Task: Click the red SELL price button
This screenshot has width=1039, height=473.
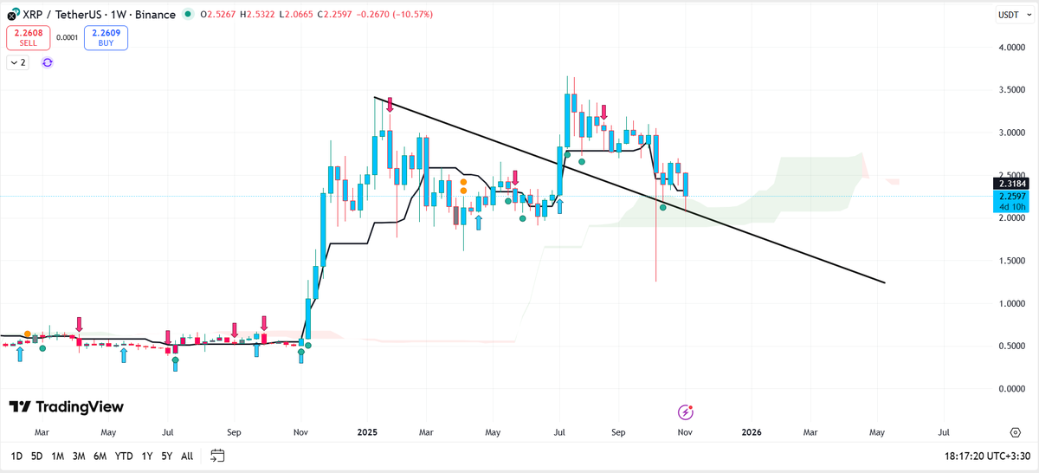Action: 29,37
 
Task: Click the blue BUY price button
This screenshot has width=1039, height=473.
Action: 106,37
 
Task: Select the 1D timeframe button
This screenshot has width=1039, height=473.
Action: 16,457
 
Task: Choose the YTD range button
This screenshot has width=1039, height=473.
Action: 123,457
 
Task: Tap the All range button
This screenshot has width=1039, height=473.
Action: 187,457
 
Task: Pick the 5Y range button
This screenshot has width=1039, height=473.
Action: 166,457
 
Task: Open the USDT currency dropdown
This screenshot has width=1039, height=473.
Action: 1015,15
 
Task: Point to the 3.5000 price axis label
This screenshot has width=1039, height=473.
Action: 1011,89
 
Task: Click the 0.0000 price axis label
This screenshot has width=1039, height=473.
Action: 1011,388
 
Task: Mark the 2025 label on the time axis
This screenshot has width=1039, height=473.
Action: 367,432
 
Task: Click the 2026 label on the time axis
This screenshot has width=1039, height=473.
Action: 752,432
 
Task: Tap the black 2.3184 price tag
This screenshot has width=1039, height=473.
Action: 1010,184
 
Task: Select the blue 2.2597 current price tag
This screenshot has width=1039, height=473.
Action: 1010,202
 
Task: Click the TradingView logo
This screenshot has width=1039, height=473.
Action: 67,407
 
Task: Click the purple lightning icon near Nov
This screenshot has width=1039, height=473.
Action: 685,411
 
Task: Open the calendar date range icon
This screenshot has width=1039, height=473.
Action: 217,456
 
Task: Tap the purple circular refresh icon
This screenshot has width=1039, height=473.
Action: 48,62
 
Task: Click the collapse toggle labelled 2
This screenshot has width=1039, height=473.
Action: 17,62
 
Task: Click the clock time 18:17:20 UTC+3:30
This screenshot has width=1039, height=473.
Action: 987,457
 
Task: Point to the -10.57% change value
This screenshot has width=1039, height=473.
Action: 413,15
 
